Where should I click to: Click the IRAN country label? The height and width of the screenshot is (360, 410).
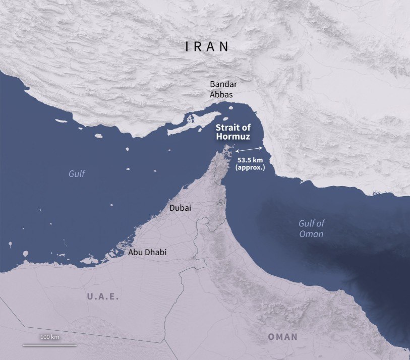[x=207, y=46]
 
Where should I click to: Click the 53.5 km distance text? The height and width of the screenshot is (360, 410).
[x=250, y=160]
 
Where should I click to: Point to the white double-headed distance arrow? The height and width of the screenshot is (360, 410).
[x=249, y=149]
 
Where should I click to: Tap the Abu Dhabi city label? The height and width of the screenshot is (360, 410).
[x=147, y=252]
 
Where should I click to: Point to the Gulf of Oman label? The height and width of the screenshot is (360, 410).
[x=311, y=228]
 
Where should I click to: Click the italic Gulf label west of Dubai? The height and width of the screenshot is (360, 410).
[x=77, y=174]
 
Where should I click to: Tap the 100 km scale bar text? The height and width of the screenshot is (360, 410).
[x=50, y=336]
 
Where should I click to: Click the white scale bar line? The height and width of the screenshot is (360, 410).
[x=49, y=345]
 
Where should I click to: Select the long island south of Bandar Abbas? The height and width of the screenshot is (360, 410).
[x=195, y=123]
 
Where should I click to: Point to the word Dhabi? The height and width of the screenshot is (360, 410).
[x=156, y=252]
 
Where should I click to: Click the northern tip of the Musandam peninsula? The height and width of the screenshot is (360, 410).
[x=227, y=148]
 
